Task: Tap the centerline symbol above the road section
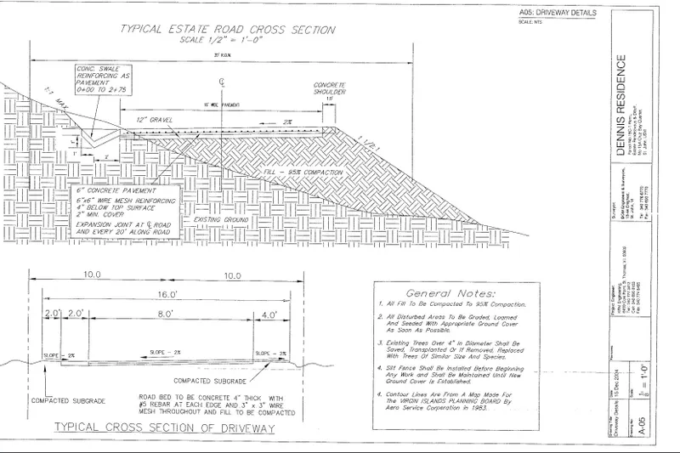[x=222, y=85]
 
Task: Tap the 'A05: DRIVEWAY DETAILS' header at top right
[x=552, y=14]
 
